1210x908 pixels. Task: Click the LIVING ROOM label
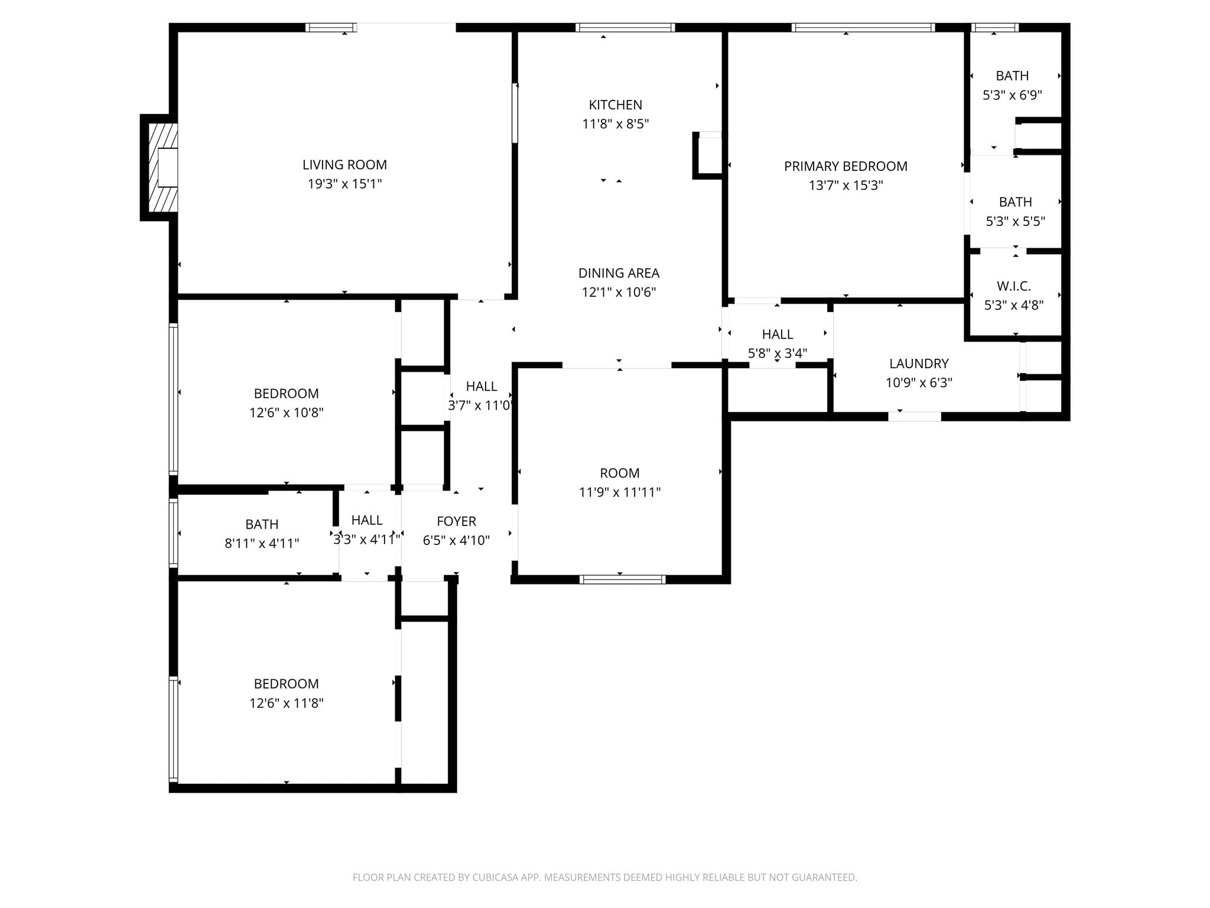[344, 165]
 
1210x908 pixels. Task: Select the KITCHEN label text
[615, 105]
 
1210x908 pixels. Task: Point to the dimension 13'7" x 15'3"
[845, 186]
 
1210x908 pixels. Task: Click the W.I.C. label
[1014, 286]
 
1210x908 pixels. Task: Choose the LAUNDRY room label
[919, 364]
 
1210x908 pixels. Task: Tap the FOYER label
[456, 521]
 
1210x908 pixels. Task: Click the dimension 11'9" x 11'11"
[620, 492]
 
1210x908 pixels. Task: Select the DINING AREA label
[619, 273]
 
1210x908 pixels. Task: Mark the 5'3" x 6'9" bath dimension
[1012, 95]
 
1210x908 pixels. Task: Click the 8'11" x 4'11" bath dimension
[262, 543]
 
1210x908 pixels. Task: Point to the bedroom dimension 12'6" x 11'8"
[286, 703]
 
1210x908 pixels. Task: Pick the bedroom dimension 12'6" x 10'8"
[286, 413]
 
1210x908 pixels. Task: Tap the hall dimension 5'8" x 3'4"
[778, 354]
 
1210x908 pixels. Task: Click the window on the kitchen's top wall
[625, 27]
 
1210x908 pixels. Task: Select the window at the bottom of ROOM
[622, 580]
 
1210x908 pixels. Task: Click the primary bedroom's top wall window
[863, 27]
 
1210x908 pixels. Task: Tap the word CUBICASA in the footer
[496, 878]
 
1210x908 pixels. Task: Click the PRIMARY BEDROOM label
[845, 167]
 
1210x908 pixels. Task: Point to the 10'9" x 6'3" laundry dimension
[919, 383]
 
